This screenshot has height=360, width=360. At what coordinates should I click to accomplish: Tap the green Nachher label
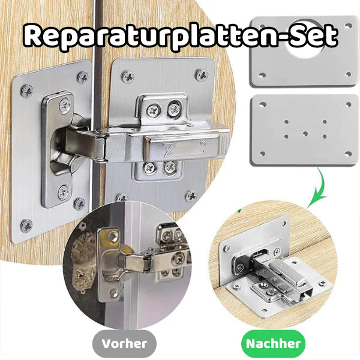(x=274, y=344)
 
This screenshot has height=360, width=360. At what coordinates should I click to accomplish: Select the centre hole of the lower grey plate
(x=305, y=133)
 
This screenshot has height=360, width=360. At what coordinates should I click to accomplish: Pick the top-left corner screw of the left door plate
(x=26, y=91)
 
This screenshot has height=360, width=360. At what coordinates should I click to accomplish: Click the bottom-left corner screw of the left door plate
(x=26, y=226)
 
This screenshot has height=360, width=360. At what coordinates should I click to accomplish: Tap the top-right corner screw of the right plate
(x=202, y=75)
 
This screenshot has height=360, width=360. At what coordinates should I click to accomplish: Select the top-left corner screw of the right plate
(x=127, y=76)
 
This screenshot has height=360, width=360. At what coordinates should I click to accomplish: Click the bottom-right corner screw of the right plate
(x=191, y=196)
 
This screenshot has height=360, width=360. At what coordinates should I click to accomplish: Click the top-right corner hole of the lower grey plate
(x=349, y=104)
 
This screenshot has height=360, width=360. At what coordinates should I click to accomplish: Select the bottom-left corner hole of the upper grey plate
(x=261, y=76)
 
